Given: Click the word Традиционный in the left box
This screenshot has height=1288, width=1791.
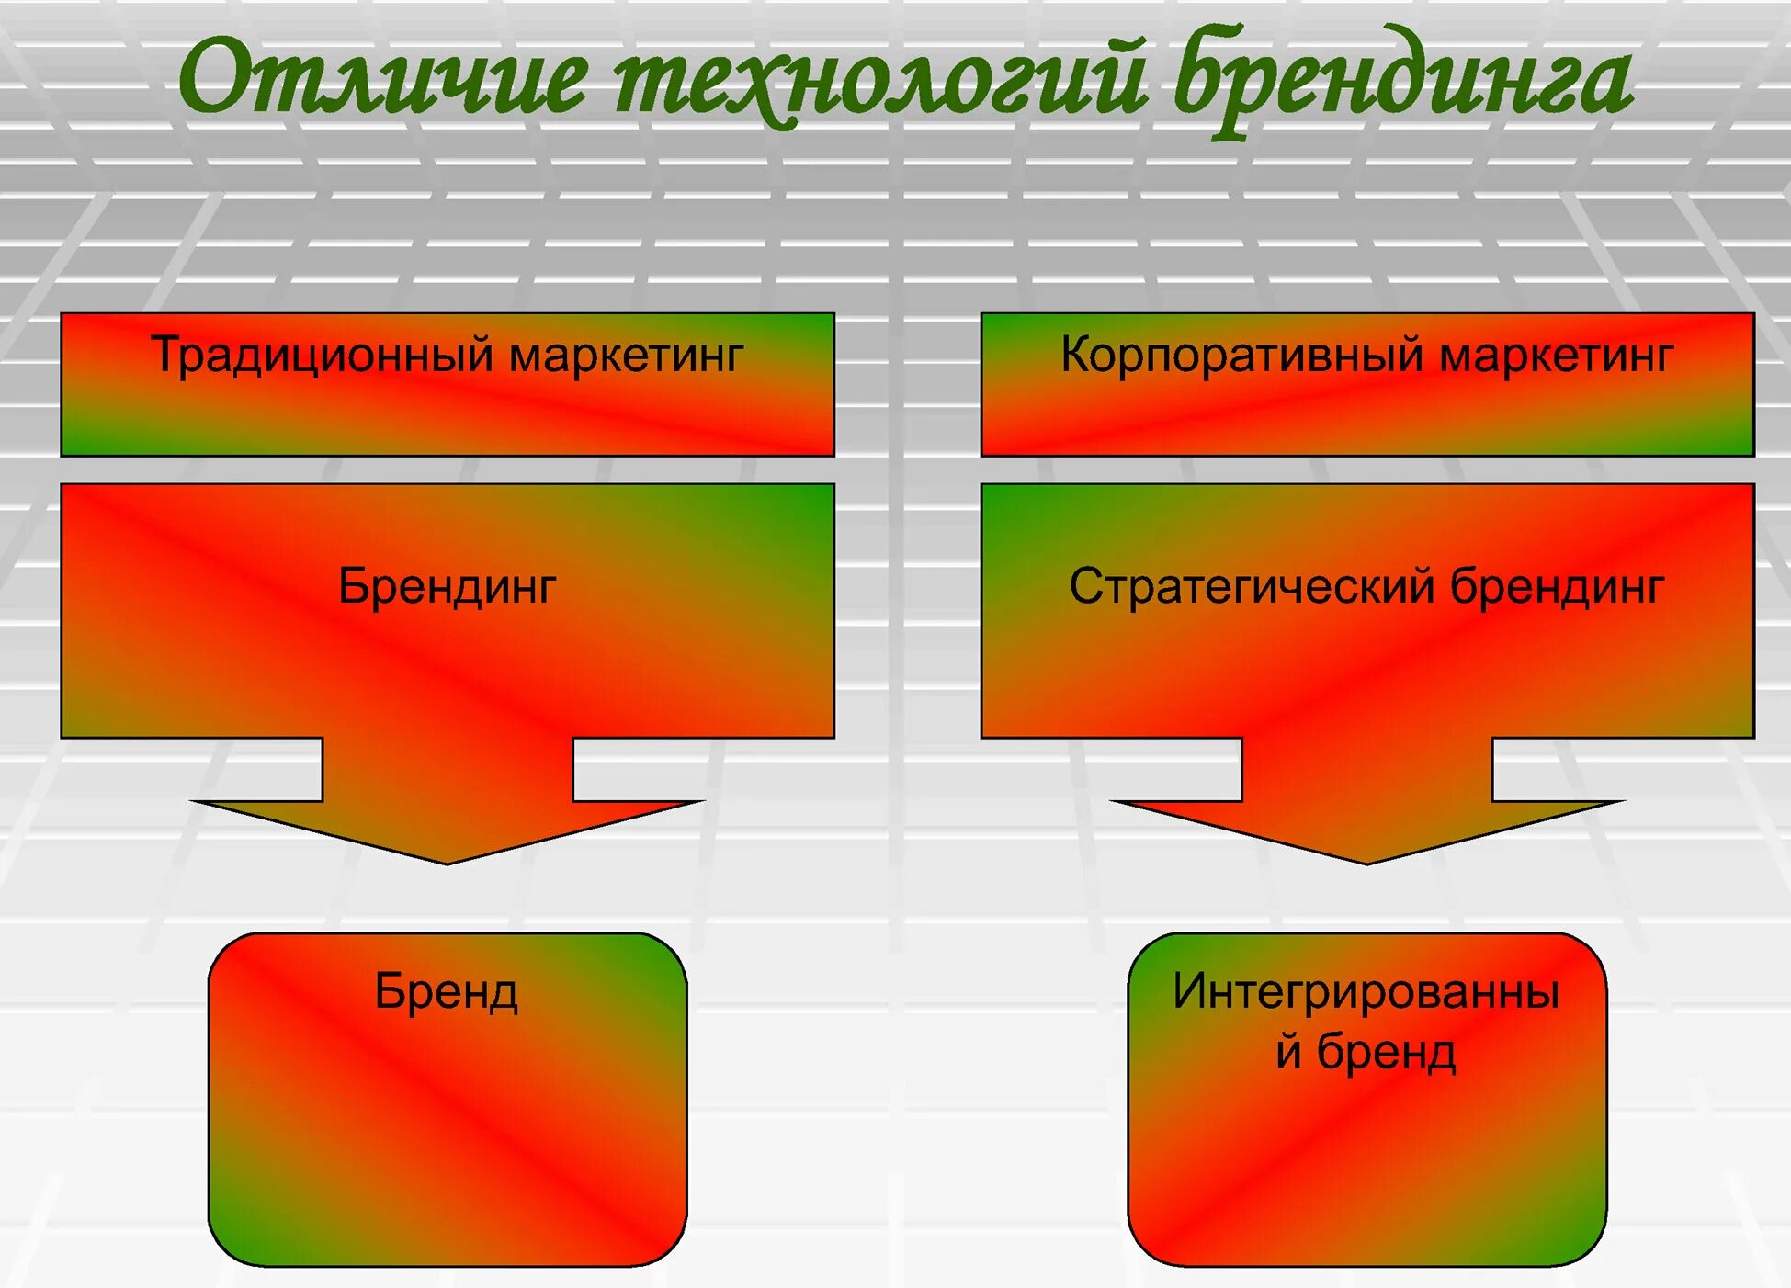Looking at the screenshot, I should pyautogui.click(x=321, y=355).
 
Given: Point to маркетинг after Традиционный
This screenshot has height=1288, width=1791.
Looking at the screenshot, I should pyautogui.click(x=626, y=356).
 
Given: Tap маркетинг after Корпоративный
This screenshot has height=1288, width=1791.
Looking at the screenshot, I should pyautogui.click(x=1557, y=356).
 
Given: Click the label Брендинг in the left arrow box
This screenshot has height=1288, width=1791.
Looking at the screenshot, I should pyautogui.click(x=448, y=586).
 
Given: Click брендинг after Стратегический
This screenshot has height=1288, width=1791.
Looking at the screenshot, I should pyautogui.click(x=1558, y=586).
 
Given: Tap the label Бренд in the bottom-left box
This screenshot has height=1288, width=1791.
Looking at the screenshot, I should pyautogui.click(x=447, y=992).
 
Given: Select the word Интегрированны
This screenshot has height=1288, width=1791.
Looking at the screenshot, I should pyautogui.click(x=1366, y=992).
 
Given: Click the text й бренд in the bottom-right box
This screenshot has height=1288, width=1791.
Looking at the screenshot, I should pyautogui.click(x=1366, y=1052).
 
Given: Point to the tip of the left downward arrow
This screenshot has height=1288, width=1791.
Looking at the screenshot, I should pyautogui.click(x=448, y=862).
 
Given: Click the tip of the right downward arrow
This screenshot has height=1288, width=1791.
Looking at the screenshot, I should pyautogui.click(x=1367, y=862).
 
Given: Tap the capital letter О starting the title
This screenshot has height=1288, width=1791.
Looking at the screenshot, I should pyautogui.click(x=212, y=79).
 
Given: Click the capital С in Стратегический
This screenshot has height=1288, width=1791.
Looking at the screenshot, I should pyautogui.click(x=1086, y=586).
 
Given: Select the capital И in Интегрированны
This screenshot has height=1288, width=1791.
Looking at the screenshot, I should pyautogui.click(x=1191, y=992).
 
